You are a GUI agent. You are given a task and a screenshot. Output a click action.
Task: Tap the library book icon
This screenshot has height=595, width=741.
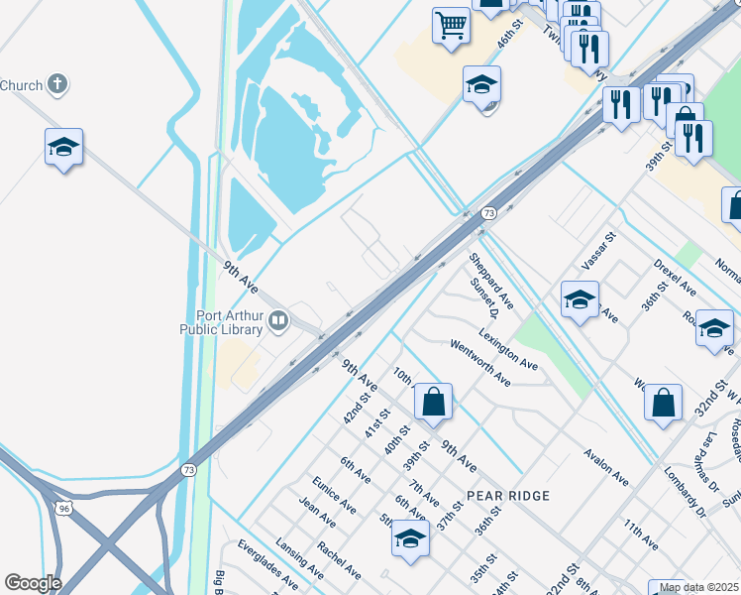(278, 319)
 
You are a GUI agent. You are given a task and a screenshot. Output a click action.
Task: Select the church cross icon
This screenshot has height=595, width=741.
(57, 84)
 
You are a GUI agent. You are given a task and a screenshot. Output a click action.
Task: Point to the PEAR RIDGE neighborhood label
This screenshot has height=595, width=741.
(500, 494)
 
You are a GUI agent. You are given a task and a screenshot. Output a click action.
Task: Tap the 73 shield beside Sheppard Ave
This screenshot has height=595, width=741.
(488, 213)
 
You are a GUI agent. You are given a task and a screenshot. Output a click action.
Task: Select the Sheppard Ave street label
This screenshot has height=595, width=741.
(491, 279)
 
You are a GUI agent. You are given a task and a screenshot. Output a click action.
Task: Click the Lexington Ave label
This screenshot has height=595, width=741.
(507, 349)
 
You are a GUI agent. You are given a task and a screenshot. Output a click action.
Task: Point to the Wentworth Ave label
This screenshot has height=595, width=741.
(479, 363)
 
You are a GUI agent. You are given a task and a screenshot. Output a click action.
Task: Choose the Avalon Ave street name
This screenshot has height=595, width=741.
(606, 465)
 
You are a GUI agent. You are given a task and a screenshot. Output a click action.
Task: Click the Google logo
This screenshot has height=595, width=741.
(33, 583)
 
